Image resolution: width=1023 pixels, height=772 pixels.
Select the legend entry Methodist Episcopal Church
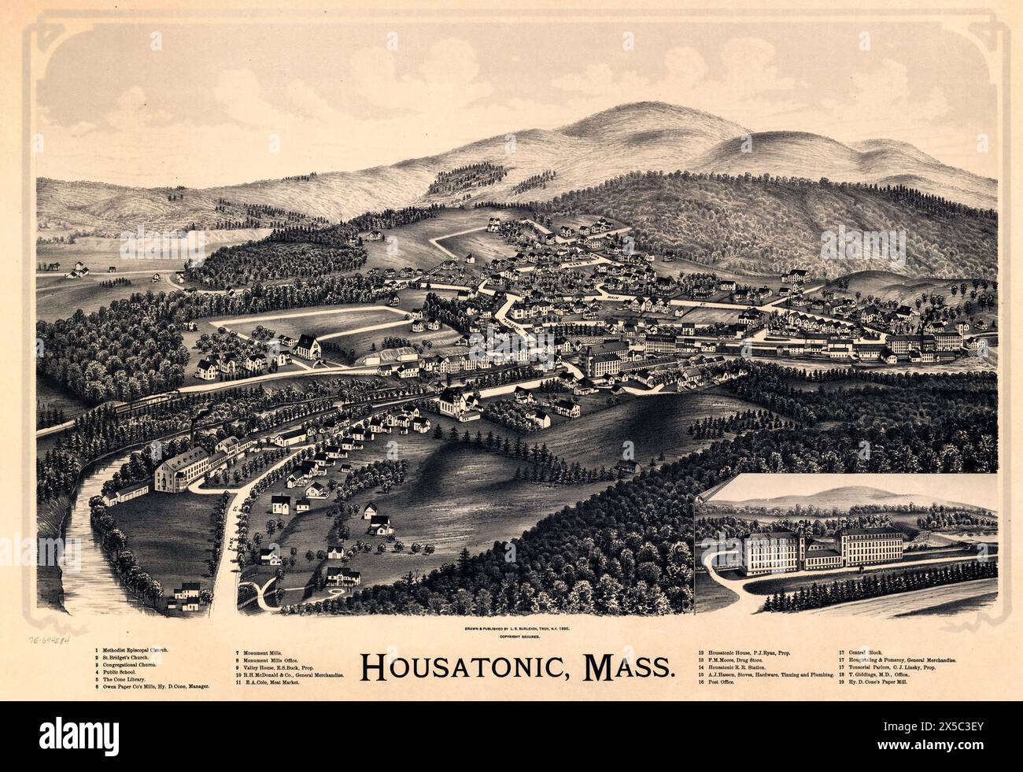tap(133, 651)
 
